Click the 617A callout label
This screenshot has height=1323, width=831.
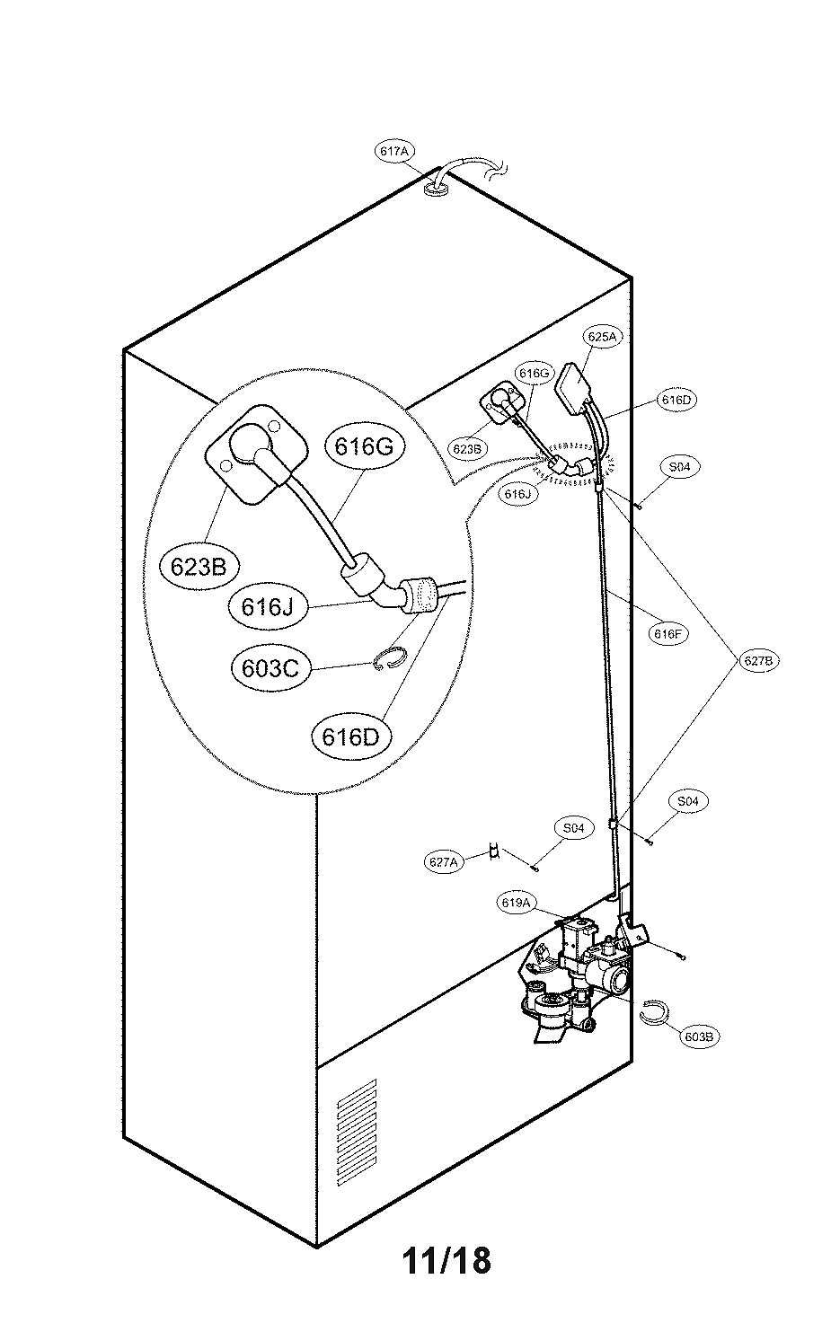pos(394,152)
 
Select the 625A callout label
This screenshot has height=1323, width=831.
pos(603,337)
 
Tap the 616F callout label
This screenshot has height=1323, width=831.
pos(669,633)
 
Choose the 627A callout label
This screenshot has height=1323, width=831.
pos(444,861)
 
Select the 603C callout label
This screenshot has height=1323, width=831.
pos(270,668)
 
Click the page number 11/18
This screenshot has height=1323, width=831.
pos(446,1260)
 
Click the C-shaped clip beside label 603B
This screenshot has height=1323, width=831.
pos(654,1011)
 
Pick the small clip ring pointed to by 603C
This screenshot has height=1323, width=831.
pos(389,659)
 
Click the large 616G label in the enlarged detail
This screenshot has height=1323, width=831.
pos(365,446)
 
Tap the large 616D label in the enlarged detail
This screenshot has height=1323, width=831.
pos(351,736)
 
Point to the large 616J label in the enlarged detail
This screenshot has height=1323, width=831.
pos(267,606)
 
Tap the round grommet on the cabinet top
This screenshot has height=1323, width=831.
pos(438,190)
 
